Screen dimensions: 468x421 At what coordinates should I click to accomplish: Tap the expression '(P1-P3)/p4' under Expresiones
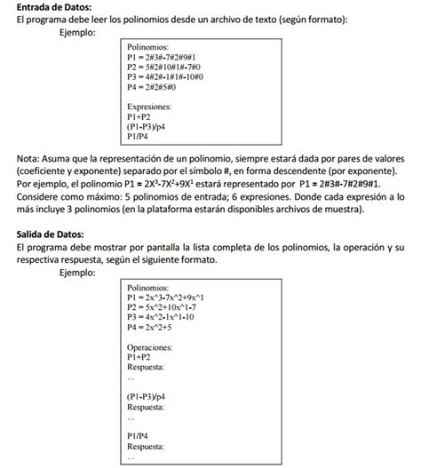pyautogui.click(x=147, y=127)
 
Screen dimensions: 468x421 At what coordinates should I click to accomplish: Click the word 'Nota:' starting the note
pyautogui.click(x=29, y=158)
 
